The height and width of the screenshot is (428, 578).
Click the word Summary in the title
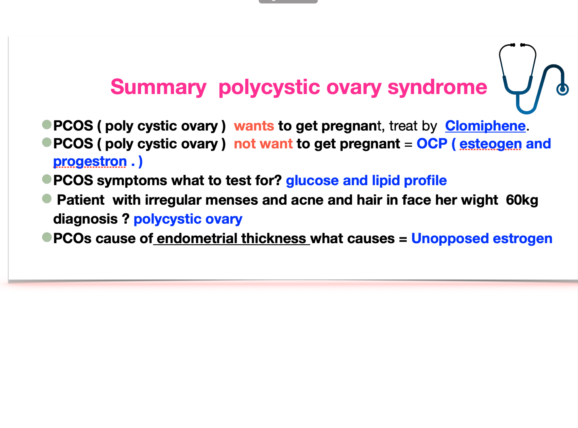point(158,88)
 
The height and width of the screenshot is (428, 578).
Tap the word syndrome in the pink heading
point(437,88)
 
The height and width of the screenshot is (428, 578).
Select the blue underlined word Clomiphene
point(485,126)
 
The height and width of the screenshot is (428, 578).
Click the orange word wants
point(254,126)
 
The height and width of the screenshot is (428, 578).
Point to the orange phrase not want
point(263,144)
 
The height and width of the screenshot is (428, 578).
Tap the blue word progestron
point(90,162)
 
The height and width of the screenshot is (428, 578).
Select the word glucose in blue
point(312,181)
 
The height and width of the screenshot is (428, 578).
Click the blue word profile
point(425,180)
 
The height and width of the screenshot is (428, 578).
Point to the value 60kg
point(522,200)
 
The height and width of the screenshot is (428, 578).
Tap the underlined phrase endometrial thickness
point(231,239)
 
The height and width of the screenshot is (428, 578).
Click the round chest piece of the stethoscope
point(562,90)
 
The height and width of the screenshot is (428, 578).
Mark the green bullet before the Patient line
point(47,199)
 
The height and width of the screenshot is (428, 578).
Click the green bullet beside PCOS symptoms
point(47,179)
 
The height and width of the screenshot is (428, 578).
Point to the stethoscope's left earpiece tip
point(513,45)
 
